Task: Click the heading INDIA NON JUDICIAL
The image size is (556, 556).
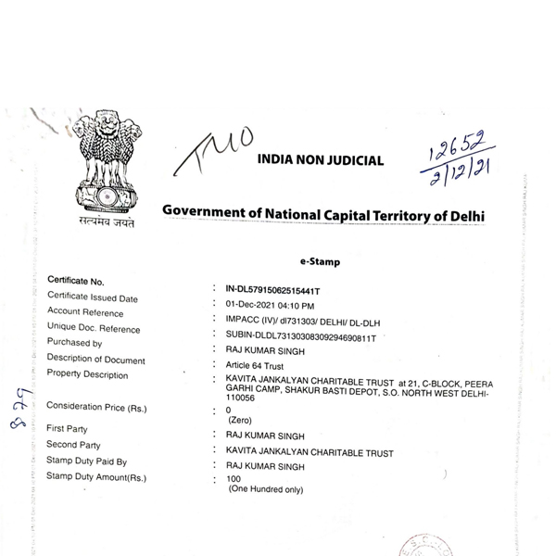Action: tap(321, 160)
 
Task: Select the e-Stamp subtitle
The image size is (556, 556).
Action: tap(321, 262)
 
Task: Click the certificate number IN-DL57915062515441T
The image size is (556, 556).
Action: tap(279, 289)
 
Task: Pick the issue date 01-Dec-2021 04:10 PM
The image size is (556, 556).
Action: tap(271, 305)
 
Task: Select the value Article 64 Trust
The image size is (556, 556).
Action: tap(258, 367)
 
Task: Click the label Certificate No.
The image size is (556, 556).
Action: tap(76, 281)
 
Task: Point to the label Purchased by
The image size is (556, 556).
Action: tap(74, 343)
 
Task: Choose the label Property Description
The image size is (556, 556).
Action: tap(87, 374)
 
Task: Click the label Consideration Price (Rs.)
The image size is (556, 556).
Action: tap(96, 407)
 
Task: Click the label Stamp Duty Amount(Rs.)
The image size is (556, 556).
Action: tap(96, 476)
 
